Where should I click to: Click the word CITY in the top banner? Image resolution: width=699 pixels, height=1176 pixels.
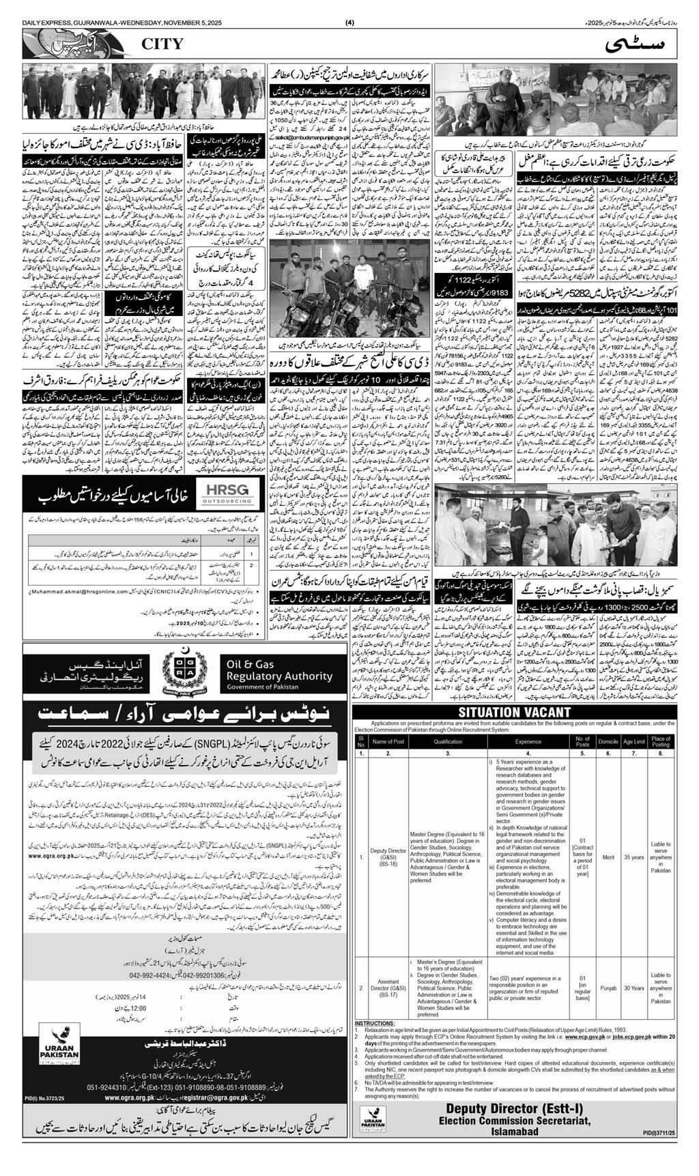point(162,44)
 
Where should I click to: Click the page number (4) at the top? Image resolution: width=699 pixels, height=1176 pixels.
point(350,8)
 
